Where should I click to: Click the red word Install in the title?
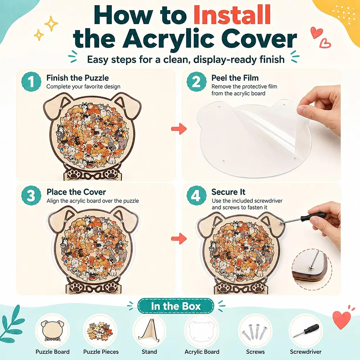point(232,15)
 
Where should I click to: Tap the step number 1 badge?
point(31,81)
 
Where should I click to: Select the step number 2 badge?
point(196,81)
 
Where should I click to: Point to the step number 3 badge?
point(31,195)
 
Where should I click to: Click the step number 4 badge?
point(196,195)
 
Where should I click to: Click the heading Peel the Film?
point(235,78)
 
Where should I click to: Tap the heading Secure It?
point(228,192)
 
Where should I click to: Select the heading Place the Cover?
point(76,192)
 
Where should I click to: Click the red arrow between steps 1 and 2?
point(179,129)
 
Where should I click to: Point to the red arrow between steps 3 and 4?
point(179,239)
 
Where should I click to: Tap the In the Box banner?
point(176,306)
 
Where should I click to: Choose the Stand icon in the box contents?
point(149,330)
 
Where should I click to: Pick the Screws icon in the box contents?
point(255,330)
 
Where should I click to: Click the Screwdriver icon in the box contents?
point(306,330)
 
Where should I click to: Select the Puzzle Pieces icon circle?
point(101,330)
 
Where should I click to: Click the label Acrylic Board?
point(202,352)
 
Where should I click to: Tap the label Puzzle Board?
point(53,352)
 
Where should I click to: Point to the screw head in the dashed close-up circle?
point(311,267)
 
